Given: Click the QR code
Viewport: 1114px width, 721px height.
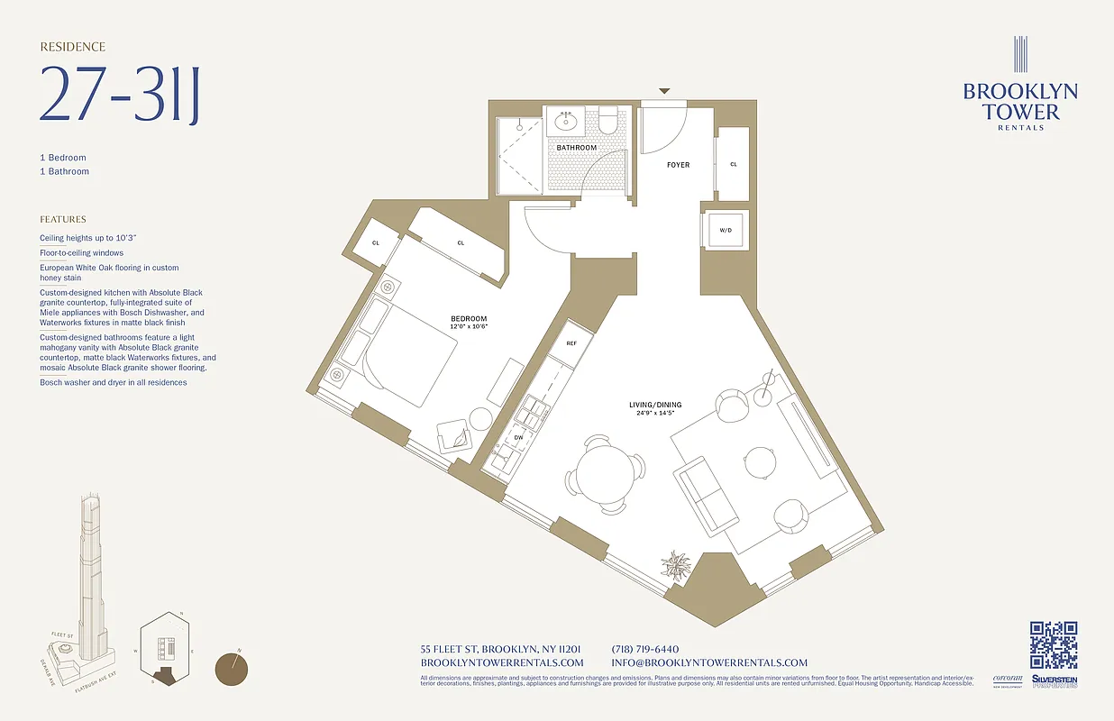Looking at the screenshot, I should pyautogui.click(x=1054, y=644).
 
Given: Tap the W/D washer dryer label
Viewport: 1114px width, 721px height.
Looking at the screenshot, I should pyautogui.click(x=725, y=230).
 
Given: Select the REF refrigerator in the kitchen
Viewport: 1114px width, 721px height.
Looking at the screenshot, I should pyautogui.click(x=571, y=343).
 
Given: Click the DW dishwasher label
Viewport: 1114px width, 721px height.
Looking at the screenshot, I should pyautogui.click(x=518, y=437).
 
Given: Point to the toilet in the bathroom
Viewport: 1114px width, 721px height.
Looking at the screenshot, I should pyautogui.click(x=608, y=120).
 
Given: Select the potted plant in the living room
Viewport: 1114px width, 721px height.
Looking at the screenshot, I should pyautogui.click(x=675, y=565).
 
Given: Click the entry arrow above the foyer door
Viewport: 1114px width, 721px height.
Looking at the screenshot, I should pyautogui.click(x=664, y=91).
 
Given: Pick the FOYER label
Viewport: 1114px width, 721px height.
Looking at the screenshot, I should pyautogui.click(x=678, y=165).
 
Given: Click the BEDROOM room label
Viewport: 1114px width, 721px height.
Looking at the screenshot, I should pyautogui.click(x=469, y=319).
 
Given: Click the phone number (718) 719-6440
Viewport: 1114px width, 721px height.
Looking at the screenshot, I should pyautogui.click(x=644, y=649).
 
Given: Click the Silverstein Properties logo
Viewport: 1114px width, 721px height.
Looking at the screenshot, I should pyautogui.click(x=1054, y=682).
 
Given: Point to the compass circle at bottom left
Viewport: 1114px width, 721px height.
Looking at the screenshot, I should pyautogui.click(x=233, y=669).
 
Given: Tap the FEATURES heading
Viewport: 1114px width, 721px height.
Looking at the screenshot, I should pyautogui.click(x=63, y=219).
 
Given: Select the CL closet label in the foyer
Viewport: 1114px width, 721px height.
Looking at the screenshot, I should pyautogui.click(x=734, y=164).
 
